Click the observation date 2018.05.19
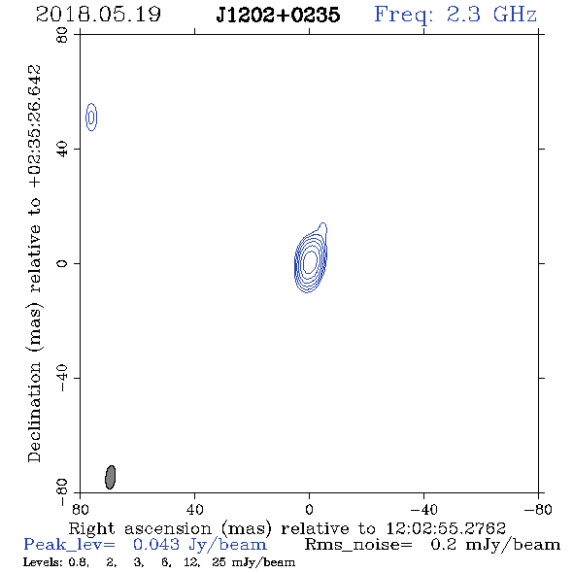click(98, 15)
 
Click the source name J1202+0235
click(278, 15)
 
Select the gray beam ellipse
click(110, 477)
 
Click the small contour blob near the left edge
click(91, 117)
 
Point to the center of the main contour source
click(310, 260)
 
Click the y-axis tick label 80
click(62, 35)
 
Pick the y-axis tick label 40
click(62, 150)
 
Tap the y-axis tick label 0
click(62, 263)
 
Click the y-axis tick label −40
click(62, 378)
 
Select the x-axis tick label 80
click(80, 510)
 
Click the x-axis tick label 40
click(194, 510)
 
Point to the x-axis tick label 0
click(309, 510)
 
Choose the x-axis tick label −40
click(423, 510)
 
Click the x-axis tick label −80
click(538, 510)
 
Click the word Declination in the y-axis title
click(34, 412)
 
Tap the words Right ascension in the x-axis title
click(140, 528)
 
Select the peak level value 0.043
click(156, 545)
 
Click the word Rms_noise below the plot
click(358, 545)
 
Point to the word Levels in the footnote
click(37, 562)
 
